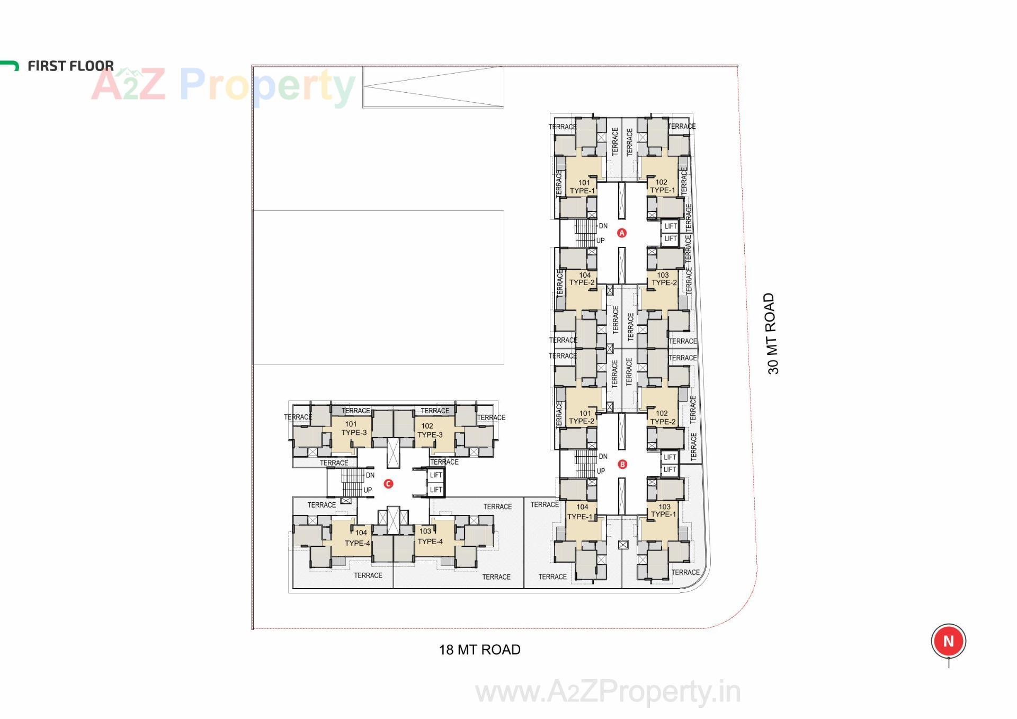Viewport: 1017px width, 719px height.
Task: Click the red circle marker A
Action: (x=622, y=233)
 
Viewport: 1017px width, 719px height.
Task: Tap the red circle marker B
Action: (x=622, y=464)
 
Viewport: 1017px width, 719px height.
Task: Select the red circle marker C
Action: (x=388, y=484)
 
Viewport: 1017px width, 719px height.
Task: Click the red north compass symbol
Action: (x=948, y=641)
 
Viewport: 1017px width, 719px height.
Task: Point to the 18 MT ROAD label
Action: (x=479, y=650)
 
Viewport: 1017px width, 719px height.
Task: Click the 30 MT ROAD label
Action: (x=773, y=334)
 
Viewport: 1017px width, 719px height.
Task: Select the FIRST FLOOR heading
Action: (x=70, y=66)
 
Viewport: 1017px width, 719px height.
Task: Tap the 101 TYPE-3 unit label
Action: (x=353, y=428)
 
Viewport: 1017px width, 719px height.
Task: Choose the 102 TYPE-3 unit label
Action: (x=429, y=430)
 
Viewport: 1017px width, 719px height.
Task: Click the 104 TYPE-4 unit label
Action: (x=358, y=538)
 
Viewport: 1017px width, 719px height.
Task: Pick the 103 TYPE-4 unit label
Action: (x=430, y=536)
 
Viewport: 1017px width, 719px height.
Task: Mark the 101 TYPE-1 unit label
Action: (x=583, y=187)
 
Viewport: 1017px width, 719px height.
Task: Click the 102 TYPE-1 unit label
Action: (x=662, y=186)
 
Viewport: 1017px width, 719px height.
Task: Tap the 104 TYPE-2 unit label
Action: (x=583, y=279)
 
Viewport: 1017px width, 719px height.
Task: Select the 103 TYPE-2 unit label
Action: (x=664, y=279)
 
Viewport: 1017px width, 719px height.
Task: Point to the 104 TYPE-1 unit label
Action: (x=581, y=512)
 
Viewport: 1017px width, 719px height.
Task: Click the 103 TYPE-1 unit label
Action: (x=664, y=510)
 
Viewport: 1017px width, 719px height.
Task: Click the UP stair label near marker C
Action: (x=368, y=490)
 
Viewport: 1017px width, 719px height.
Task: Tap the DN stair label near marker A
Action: (x=603, y=226)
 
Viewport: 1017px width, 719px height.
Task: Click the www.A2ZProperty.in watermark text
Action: (x=608, y=692)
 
